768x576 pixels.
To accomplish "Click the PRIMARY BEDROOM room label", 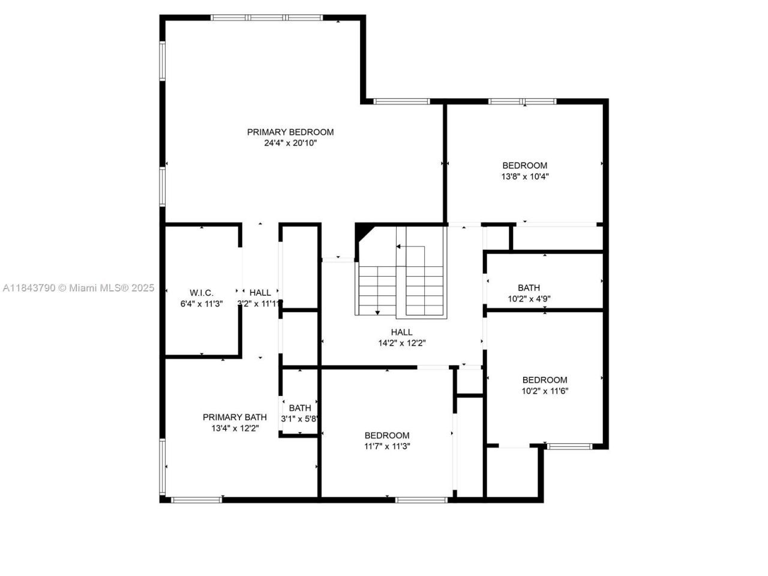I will click(x=290, y=132).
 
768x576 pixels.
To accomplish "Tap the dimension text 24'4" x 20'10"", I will click(x=290, y=143).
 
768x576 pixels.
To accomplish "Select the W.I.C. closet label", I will click(x=202, y=293).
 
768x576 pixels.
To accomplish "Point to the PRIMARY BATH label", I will click(x=235, y=418).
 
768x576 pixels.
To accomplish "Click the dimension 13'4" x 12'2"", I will click(x=235, y=428).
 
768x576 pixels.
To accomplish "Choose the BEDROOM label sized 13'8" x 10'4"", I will click(x=525, y=166).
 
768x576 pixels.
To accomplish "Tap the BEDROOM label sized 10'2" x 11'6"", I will click(x=545, y=380).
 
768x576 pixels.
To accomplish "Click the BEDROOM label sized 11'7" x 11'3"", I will click(x=387, y=436).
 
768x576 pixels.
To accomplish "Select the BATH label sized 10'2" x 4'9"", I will click(x=529, y=288).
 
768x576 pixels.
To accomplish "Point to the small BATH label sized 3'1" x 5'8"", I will click(x=300, y=408).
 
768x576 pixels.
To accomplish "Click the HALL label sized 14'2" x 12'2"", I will click(x=401, y=332).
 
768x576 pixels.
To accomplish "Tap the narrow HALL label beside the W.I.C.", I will click(x=260, y=293).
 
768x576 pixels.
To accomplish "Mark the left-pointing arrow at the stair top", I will click(x=398, y=247).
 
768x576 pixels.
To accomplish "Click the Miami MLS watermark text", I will click(x=78, y=288).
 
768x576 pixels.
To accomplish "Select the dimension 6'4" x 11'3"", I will click(x=202, y=304).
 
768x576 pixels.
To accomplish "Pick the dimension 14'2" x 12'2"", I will click(x=401, y=343).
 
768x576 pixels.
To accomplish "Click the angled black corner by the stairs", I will click(x=362, y=232).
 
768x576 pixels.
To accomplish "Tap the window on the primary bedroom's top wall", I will click(x=267, y=18).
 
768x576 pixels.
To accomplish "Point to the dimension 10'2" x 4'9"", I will click(x=529, y=299).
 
